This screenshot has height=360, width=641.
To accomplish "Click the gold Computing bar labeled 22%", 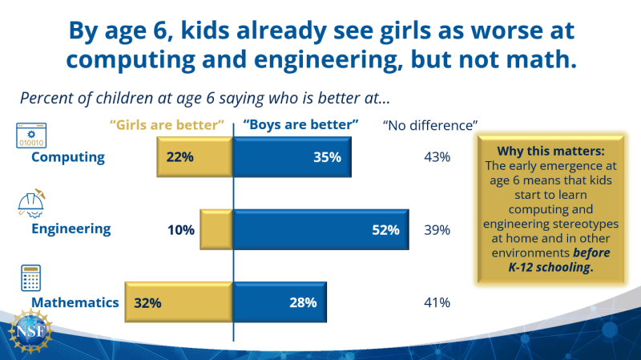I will point(194,157).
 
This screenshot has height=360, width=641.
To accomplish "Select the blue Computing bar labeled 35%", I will point(292,157).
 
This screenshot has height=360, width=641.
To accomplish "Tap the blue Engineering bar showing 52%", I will point(320,230).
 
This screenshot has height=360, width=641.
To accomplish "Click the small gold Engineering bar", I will point(216,230).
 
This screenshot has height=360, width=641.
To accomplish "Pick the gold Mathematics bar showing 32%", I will point(179,302).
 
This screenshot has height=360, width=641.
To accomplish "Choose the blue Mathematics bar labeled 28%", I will point(279,302).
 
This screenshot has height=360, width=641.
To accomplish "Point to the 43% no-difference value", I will point(437,157).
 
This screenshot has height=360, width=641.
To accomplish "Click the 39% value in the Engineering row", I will point(437,230).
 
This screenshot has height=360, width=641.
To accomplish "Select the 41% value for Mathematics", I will point(437,302).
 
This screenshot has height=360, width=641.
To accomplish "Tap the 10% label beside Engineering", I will point(181,230).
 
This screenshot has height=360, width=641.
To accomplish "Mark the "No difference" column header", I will point(430,125).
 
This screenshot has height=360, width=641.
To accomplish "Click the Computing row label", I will point(68,157).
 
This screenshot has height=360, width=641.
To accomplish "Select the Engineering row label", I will point(71,229).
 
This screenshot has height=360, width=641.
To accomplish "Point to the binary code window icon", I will point(32,135).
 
